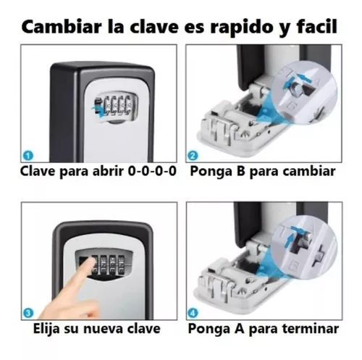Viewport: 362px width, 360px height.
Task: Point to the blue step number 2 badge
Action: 193,154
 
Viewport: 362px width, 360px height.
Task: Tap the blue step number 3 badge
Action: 27,313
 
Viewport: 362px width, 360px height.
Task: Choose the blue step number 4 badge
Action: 193,313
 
